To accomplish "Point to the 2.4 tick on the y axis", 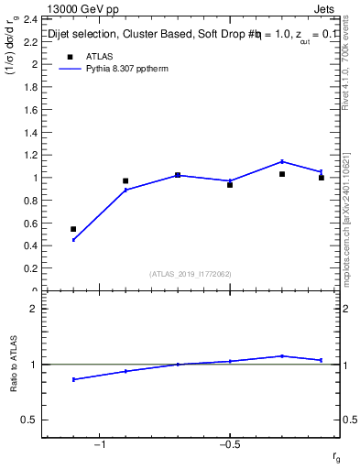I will click(31, 19).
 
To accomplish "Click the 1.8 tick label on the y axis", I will click(31, 87).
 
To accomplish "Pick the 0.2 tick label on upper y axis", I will click(31, 268).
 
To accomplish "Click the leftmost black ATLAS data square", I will click(73, 229).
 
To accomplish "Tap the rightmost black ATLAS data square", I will click(322, 178).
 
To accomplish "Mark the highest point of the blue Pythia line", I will click(282, 161).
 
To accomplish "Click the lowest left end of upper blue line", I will click(73, 240).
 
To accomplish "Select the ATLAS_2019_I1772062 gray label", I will click(191, 274).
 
